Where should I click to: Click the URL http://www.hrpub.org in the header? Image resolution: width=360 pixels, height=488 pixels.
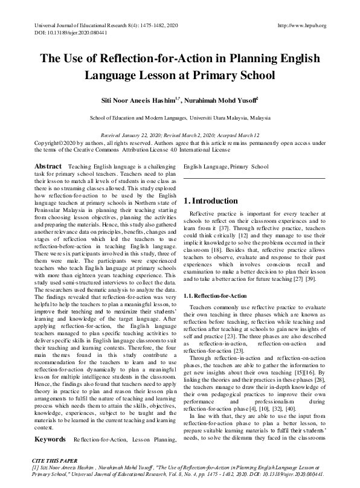coord(301,26)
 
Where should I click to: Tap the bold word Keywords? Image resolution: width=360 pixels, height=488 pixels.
coord(50,457)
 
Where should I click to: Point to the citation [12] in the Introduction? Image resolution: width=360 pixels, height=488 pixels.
coord(242,239)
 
